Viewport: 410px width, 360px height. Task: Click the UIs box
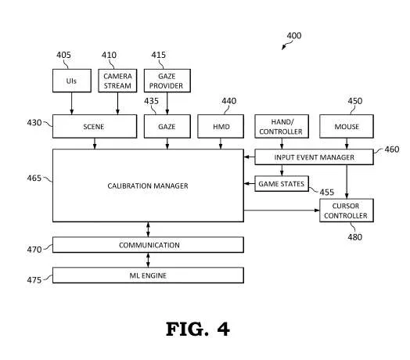[72, 81]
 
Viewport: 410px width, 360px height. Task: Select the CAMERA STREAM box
[117, 81]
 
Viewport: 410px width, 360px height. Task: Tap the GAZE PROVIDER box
[167, 81]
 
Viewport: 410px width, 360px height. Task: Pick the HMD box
[221, 126]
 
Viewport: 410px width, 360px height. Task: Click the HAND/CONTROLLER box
[282, 126]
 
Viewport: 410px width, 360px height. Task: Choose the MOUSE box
[347, 126]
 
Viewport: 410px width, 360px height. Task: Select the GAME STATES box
[282, 184]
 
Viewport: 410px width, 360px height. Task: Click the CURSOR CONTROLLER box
[347, 211]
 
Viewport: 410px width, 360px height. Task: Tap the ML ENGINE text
[148, 275]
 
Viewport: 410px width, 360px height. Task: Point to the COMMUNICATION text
[149, 245]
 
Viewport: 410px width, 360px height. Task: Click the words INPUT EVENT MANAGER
[314, 157]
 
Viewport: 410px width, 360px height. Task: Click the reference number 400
[294, 35]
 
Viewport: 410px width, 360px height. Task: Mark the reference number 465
[34, 178]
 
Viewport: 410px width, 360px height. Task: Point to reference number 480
[354, 237]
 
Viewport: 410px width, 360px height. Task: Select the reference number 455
[327, 193]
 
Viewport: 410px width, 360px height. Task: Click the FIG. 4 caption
[198, 329]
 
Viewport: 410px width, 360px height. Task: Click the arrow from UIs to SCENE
[72, 103]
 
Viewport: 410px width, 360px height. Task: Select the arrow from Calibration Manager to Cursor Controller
[282, 210]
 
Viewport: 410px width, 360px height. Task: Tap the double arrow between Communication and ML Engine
[148, 260]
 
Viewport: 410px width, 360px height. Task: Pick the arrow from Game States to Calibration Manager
[249, 183]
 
